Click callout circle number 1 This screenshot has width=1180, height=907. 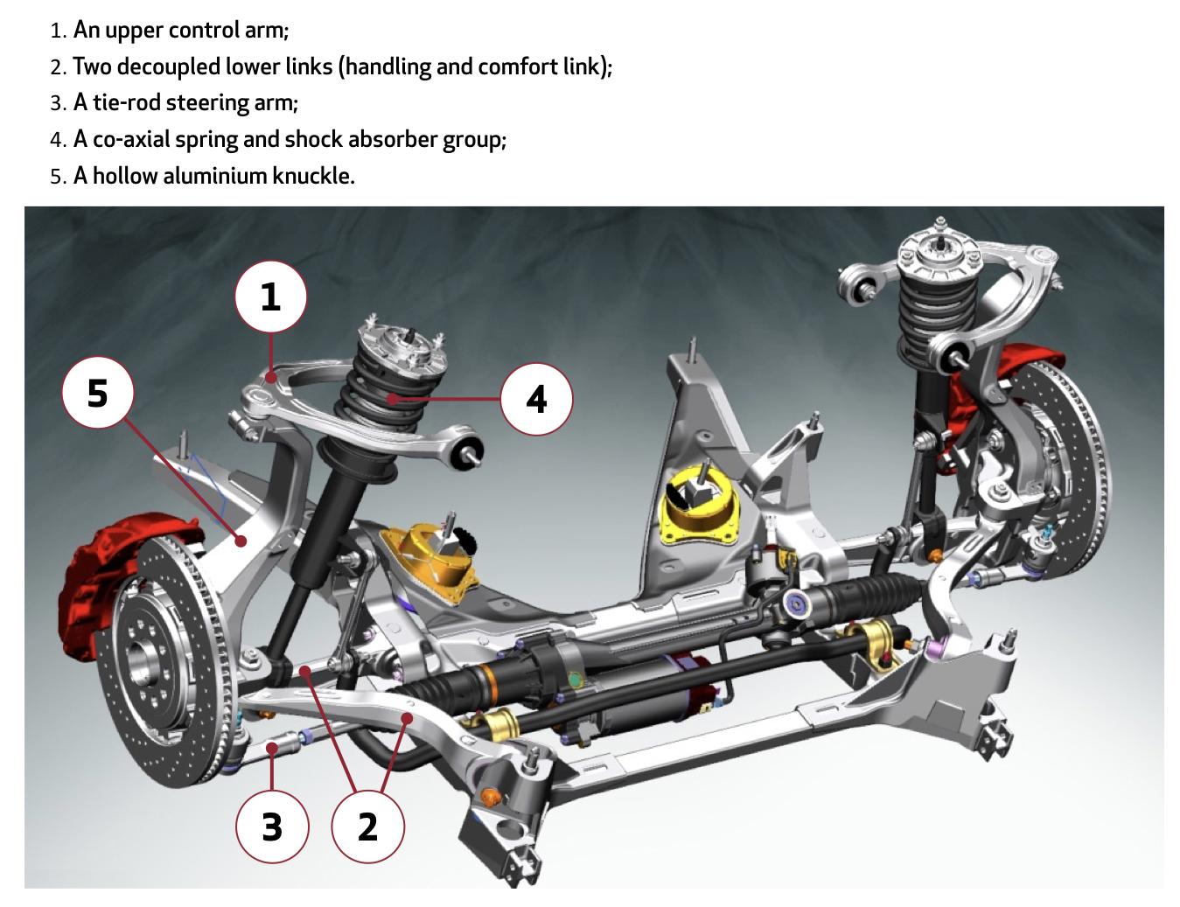coord(271,297)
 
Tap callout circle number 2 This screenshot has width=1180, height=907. coord(367,827)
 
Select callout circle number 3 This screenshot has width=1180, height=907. coord(272,827)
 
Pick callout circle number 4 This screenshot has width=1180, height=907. coord(536,399)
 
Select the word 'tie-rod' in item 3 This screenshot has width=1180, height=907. coord(127,103)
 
